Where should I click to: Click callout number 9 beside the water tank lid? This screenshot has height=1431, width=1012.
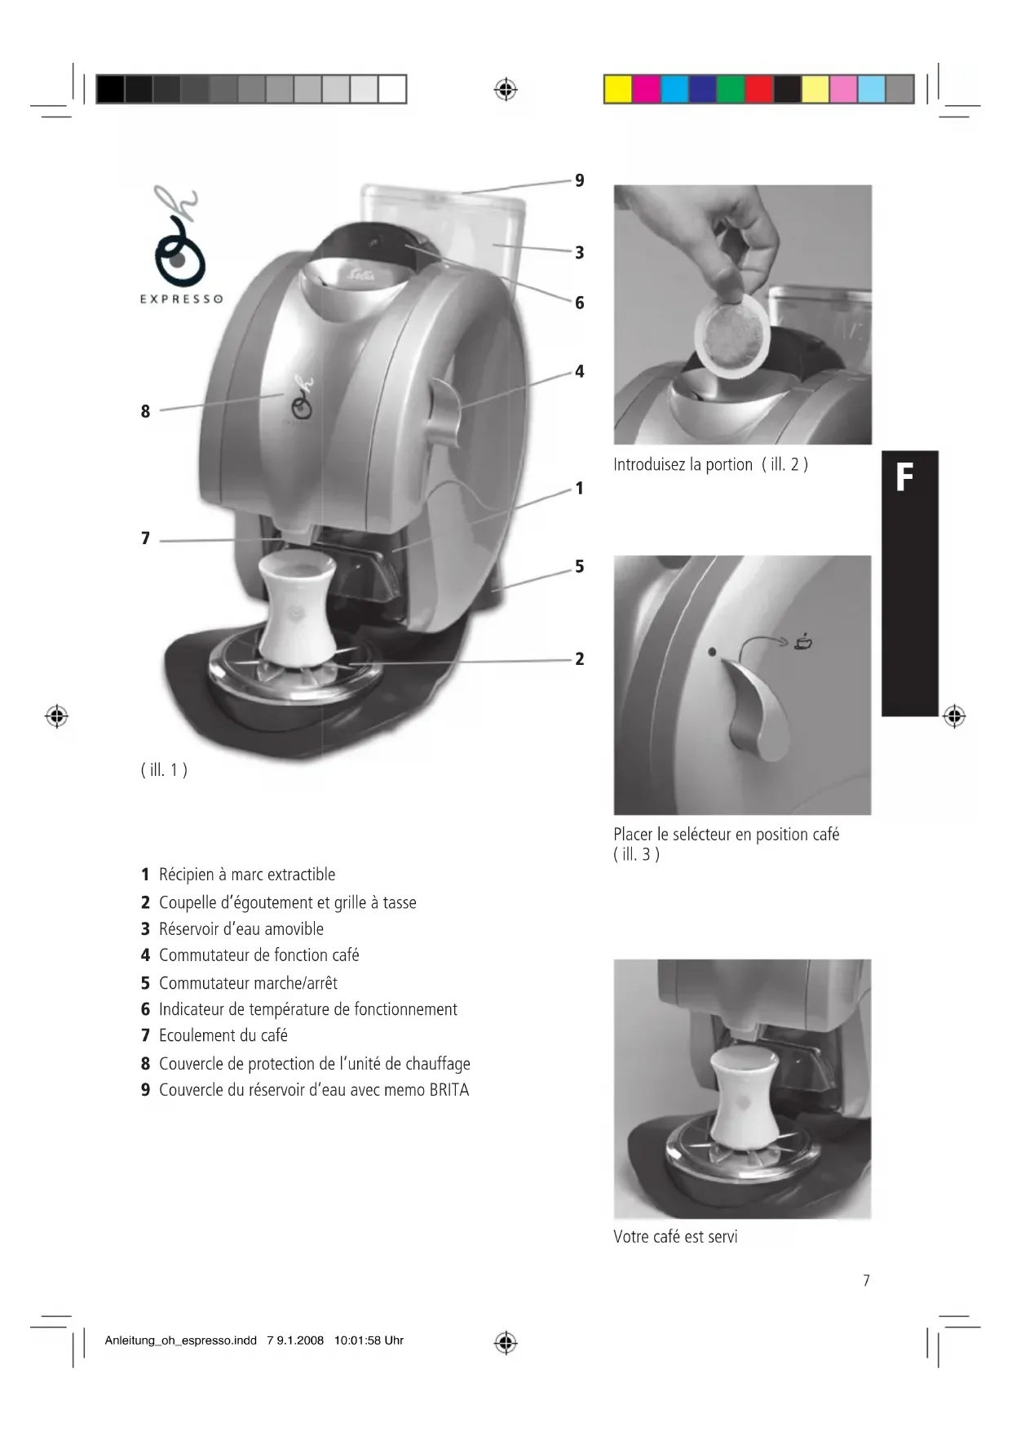tap(580, 180)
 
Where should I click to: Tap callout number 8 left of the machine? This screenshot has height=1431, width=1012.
tap(145, 411)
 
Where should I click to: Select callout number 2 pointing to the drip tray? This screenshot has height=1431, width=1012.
tap(580, 659)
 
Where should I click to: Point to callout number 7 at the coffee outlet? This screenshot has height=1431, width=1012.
tap(145, 538)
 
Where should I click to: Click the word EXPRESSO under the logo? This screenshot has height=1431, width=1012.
tap(181, 299)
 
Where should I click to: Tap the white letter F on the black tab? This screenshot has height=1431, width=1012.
tap(904, 478)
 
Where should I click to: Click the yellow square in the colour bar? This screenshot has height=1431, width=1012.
tap(618, 89)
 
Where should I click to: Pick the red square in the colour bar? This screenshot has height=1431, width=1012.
tap(759, 89)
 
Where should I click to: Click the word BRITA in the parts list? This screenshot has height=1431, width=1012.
tap(449, 1090)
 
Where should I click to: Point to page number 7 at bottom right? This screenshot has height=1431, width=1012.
tap(866, 1281)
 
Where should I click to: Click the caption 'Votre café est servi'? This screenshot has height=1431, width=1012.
tap(675, 1237)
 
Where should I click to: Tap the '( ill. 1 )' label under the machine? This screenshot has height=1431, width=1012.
tap(164, 769)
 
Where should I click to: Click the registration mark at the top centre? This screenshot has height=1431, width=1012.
tap(506, 90)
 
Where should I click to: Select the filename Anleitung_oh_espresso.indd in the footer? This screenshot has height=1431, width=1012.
tap(181, 1340)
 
